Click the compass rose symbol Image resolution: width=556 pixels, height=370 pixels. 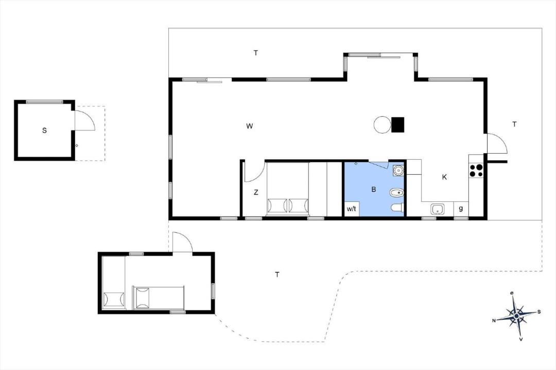[x=517, y=315]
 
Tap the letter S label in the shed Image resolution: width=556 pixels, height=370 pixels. [x=44, y=131]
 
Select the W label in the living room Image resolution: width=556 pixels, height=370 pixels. [x=250, y=126]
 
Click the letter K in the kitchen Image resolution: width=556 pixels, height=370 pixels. [x=444, y=177]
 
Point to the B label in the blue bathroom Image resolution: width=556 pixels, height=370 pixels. [x=373, y=190]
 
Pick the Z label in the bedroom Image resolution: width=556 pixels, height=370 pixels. [x=256, y=192]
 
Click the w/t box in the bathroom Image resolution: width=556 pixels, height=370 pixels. [x=352, y=209]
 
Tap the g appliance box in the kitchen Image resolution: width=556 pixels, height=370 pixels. [x=461, y=209]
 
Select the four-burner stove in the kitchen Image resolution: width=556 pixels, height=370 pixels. [x=476, y=170]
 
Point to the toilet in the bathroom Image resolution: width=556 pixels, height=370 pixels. [x=397, y=208]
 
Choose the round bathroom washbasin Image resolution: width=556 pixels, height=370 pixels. [x=399, y=171]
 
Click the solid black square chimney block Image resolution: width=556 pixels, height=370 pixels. [x=398, y=125]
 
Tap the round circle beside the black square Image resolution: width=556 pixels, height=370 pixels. [x=382, y=125]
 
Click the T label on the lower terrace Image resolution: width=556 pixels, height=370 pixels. [x=277, y=274]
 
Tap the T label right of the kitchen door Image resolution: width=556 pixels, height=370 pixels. [x=514, y=124]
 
